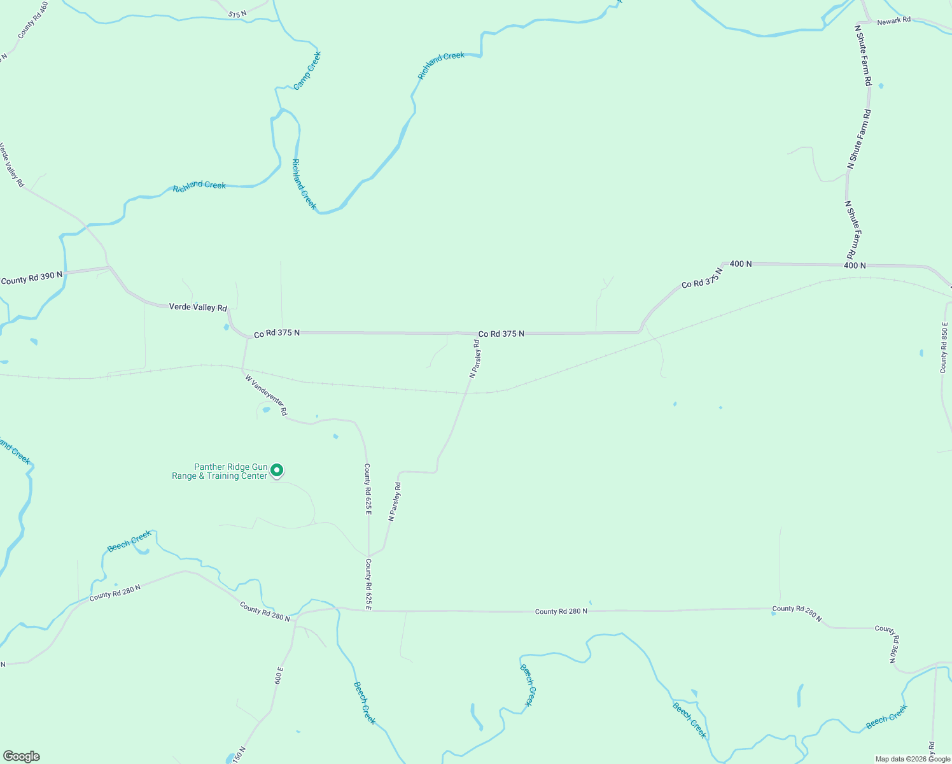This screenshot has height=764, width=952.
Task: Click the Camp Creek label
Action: (307, 71)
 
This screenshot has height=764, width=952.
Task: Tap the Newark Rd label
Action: (893, 22)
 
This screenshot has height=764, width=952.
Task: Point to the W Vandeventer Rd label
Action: (266, 395)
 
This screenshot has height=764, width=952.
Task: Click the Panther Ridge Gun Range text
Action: (220, 471)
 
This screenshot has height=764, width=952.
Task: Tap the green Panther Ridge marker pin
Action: (277, 470)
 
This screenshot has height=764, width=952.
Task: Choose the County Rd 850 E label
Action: (944, 347)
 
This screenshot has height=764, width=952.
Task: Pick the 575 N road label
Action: (237, 13)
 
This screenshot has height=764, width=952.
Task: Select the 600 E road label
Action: (278, 676)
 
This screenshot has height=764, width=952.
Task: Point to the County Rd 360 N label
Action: (890, 644)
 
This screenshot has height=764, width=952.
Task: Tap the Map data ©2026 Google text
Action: (913, 759)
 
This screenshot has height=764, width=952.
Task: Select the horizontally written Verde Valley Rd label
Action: (198, 308)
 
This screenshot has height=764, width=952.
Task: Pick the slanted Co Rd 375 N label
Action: (703, 279)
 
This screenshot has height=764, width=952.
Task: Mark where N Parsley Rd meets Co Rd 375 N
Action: (477, 333)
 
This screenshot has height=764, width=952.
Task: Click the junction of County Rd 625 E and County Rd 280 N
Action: (368, 611)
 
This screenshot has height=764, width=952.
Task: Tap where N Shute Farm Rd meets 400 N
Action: (849, 264)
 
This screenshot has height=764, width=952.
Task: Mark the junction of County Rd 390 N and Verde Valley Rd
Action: (109, 267)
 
